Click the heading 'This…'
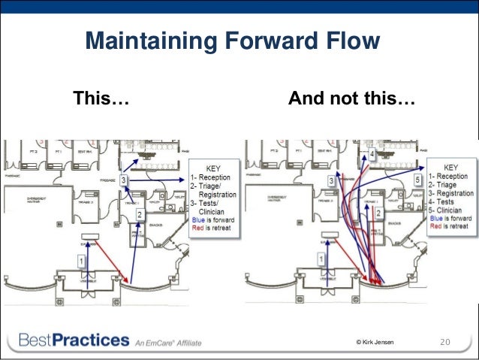click(x=100, y=98)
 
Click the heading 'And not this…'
click(x=351, y=98)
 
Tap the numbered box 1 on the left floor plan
click(x=81, y=259)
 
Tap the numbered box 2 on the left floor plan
click(x=139, y=215)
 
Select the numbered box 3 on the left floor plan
click(x=124, y=181)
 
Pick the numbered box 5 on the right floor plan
click(x=417, y=181)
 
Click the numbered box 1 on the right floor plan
click(x=322, y=259)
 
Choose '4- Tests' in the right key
click(x=447, y=202)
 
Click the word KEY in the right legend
click(x=451, y=167)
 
